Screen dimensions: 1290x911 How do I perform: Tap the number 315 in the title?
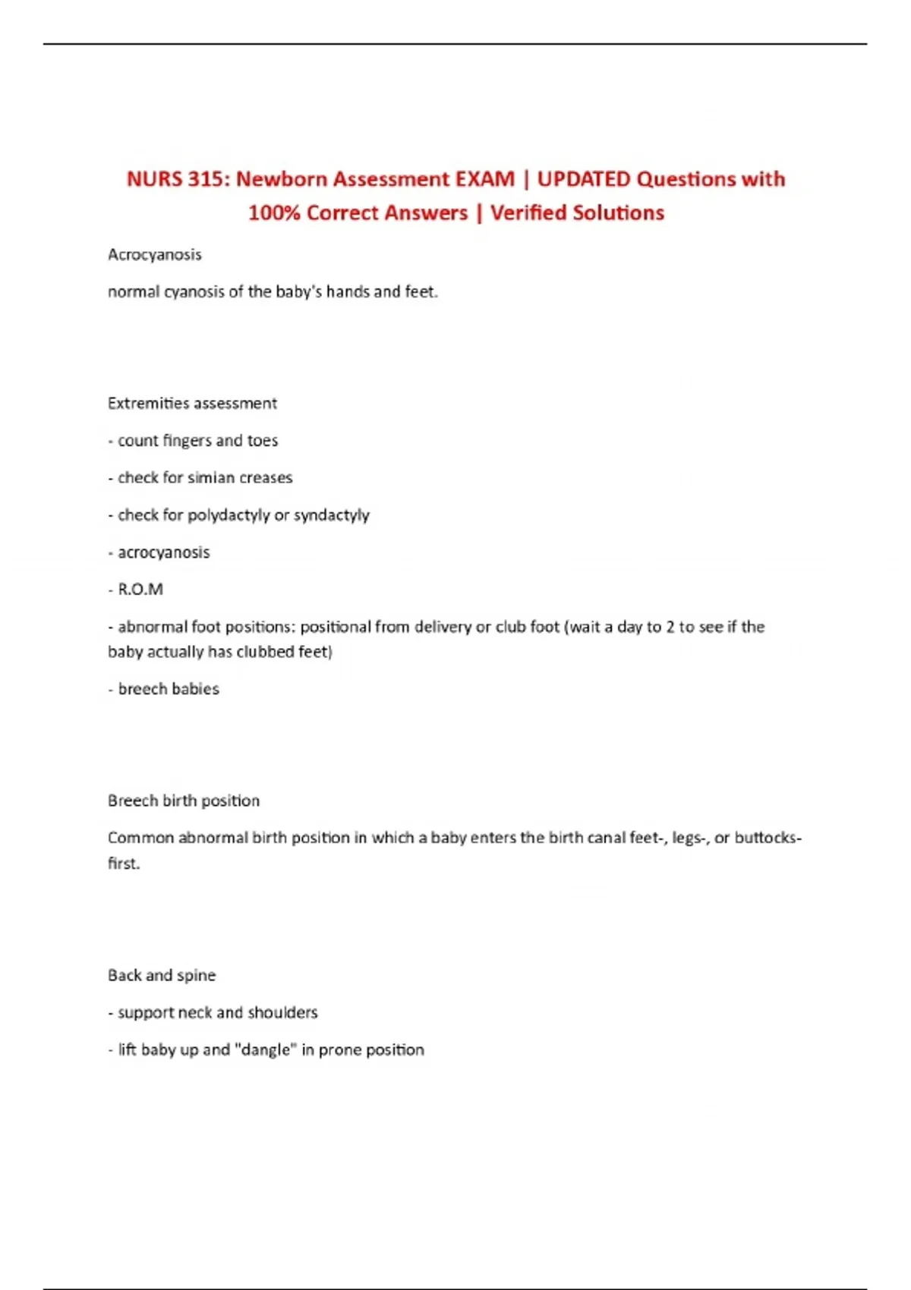206,179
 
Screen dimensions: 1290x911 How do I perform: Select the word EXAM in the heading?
484,179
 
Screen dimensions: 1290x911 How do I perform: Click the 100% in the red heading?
274,213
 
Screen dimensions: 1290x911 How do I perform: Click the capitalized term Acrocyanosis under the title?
155,255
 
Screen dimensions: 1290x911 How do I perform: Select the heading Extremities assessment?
192,404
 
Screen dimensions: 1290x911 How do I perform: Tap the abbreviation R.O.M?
140,590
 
